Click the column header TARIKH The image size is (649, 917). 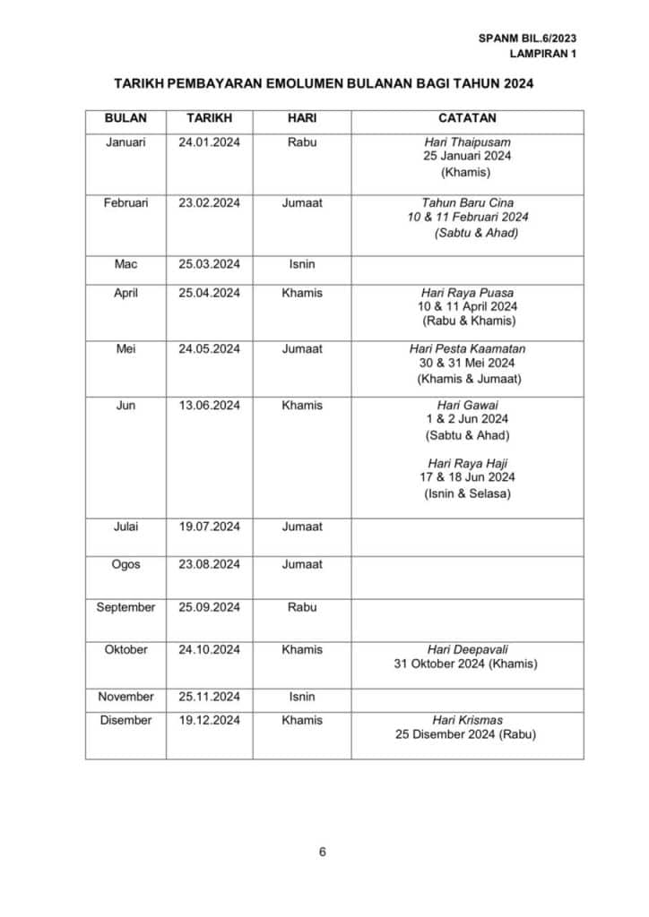coord(209,118)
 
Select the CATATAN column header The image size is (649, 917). coord(467,118)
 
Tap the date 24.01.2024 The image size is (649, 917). coord(209,141)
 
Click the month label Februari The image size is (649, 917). coord(125,203)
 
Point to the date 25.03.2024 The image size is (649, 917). coord(209,264)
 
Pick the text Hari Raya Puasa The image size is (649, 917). coord(467,293)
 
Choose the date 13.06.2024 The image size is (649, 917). coord(209,406)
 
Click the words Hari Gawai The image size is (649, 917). coord(467,406)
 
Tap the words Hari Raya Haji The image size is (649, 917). coord(467,463)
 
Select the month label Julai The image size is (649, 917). coord(125,527)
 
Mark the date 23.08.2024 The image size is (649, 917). coord(209,564)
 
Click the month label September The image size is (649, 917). coord(125,607)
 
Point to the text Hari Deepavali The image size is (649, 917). coord(467,649)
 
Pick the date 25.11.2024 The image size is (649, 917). coord(209,696)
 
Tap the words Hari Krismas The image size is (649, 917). coord(467,720)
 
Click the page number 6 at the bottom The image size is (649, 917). coord(323,852)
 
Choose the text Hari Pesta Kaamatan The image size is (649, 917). coord(467,348)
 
